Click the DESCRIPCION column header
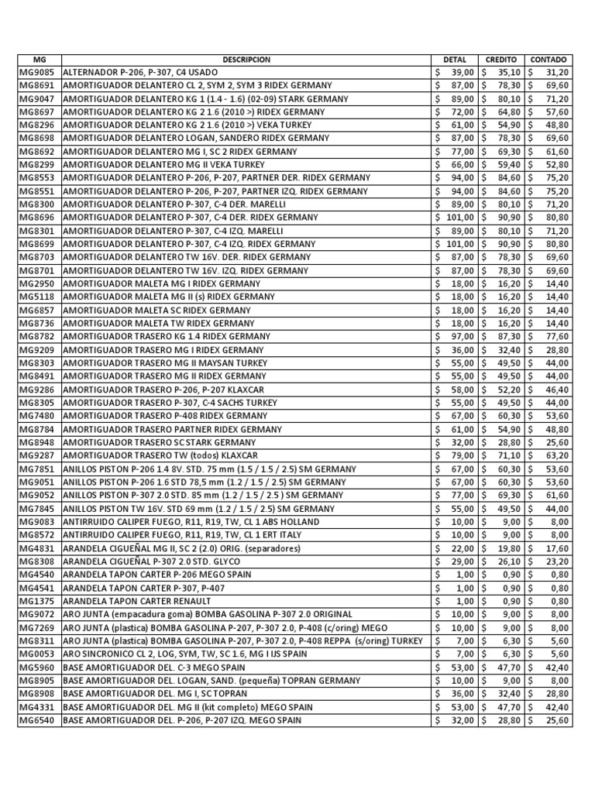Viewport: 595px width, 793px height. [x=246, y=59]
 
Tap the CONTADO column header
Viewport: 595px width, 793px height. [x=549, y=59]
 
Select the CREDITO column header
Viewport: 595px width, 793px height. [x=501, y=59]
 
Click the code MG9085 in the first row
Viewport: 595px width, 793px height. [x=37, y=72]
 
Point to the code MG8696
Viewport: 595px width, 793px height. [x=37, y=218]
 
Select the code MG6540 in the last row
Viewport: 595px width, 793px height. [x=37, y=720]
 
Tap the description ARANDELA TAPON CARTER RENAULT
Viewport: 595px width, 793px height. [x=137, y=601]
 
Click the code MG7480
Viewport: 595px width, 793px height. [x=37, y=416]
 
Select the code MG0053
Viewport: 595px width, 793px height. [x=37, y=654]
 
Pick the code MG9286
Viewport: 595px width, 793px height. [x=37, y=390]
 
